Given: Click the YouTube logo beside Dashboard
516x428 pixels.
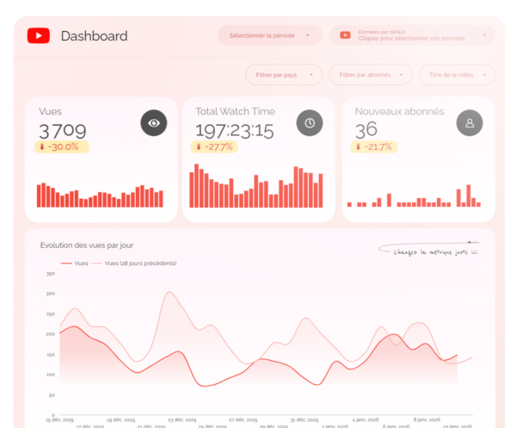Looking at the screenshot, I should (x=38, y=35).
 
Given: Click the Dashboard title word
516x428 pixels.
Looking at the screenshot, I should (x=94, y=36).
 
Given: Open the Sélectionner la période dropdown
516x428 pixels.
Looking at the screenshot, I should (x=270, y=35).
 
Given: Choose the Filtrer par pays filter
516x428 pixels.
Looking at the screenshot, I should (x=284, y=75).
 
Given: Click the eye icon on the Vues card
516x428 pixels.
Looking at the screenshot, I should (x=154, y=123).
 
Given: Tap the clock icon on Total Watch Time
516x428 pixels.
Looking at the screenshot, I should (x=310, y=123).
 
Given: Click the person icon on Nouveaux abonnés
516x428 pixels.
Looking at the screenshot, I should (x=470, y=123).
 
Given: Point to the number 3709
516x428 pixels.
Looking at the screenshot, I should (x=62, y=130).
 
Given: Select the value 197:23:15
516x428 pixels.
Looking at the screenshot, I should (x=234, y=130).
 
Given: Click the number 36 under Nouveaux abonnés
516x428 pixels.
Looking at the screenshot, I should (x=366, y=130).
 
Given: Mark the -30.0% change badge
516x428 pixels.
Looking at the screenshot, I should (x=61, y=146).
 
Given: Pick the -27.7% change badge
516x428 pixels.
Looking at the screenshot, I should (x=214, y=146).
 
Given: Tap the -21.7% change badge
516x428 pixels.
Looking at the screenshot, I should (x=374, y=146).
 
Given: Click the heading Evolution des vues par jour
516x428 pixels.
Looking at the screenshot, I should (x=87, y=245).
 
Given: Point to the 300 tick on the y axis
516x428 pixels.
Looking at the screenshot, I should (x=50, y=294).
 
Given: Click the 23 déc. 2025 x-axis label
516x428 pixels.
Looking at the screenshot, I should (x=183, y=419).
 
